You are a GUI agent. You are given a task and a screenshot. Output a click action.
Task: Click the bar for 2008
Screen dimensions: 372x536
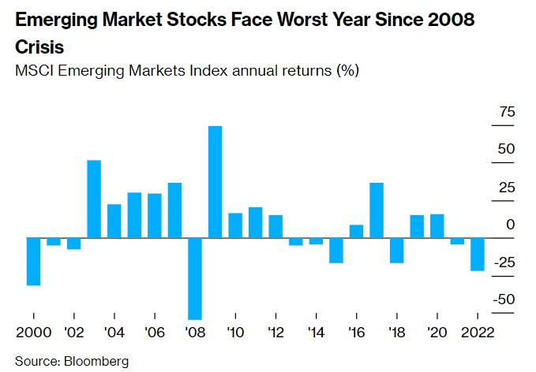point(194,277)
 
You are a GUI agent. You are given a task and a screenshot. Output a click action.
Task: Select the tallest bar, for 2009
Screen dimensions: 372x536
point(215,181)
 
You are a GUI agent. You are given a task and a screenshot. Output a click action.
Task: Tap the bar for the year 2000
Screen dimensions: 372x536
point(33,261)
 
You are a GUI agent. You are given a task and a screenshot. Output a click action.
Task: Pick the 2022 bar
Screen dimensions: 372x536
point(478,254)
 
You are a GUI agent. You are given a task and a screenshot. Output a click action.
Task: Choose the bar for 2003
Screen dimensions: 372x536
point(94,199)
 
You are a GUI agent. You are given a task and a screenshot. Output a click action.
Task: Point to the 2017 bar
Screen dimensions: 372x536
point(377,210)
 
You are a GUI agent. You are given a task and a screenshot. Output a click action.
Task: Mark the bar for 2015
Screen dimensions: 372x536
point(336,250)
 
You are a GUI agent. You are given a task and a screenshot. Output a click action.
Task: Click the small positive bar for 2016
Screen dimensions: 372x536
point(356,231)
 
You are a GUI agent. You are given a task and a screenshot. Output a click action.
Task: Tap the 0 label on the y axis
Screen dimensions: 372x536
point(510,225)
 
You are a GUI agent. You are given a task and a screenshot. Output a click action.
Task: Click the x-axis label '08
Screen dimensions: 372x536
point(194,331)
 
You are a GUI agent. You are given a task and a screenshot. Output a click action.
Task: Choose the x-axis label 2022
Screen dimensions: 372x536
point(477,331)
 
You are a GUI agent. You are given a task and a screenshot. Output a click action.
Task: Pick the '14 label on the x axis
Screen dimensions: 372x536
point(316,331)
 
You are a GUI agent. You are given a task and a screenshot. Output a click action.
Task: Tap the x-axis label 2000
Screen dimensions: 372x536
point(33,331)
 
